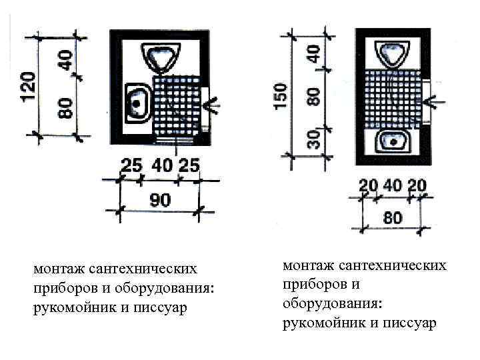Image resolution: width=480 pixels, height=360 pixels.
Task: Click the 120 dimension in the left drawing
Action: point(25,85)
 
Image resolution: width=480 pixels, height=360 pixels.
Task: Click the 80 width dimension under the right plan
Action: point(393,218)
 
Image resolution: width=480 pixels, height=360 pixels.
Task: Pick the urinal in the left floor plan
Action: point(161,55)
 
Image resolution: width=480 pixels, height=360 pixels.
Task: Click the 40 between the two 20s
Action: point(393,186)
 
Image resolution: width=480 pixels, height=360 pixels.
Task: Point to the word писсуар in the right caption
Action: point(409,323)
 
